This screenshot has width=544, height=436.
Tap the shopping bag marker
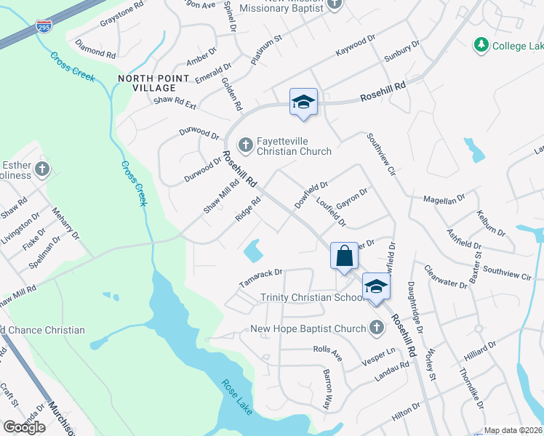pyautogui.click(x=344, y=256)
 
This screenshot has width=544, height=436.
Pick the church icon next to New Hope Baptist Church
pyautogui.click(x=376, y=328)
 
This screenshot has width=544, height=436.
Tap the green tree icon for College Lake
pyautogui.click(x=481, y=46)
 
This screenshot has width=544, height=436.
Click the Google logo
pyautogui.click(x=24, y=427)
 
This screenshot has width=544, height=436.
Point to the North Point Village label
pyautogui.click(x=144, y=82)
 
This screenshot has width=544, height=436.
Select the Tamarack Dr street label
pyautogui.click(x=260, y=276)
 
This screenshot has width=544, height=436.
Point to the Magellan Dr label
pyautogui.click(x=444, y=199)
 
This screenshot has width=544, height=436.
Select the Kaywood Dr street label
pyautogui.click(x=355, y=49)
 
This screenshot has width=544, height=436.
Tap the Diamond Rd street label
pyautogui.click(x=95, y=50)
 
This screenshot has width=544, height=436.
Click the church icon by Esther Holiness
pyautogui.click(x=42, y=169)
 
